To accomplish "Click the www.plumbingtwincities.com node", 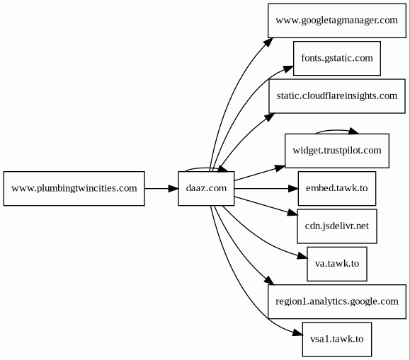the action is [x=74, y=188].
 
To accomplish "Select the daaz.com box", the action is [x=206, y=188].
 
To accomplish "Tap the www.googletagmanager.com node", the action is [x=337, y=21].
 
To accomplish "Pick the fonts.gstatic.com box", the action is [x=337, y=58].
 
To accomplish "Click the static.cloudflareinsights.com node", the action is [x=337, y=96].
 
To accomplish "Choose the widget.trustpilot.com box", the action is [x=337, y=151].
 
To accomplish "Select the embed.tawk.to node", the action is [x=337, y=188].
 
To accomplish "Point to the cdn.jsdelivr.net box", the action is [x=337, y=226].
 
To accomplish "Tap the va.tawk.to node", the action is [x=337, y=264].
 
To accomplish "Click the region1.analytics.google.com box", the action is [x=337, y=301].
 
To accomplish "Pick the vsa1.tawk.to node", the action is [x=337, y=339].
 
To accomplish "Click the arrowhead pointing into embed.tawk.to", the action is [x=293, y=188].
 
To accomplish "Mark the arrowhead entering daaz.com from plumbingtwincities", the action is [x=173, y=188].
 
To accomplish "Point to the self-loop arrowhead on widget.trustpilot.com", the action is [x=354, y=131].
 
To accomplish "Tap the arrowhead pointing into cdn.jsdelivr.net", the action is [x=292, y=213].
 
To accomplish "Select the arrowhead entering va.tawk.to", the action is [x=302, y=256].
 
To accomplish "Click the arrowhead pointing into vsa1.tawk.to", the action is [x=297, y=332].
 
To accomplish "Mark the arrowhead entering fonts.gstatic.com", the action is [x=288, y=69].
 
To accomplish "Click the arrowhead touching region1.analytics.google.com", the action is [x=269, y=281].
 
